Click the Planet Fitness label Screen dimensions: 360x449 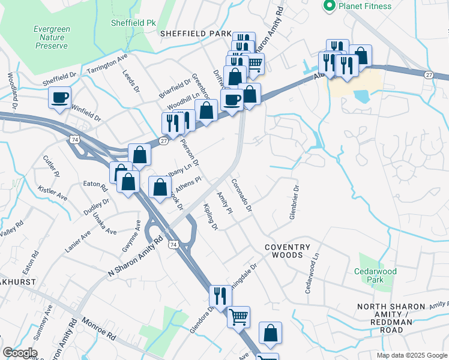tap(365, 7)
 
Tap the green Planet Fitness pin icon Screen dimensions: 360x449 tap(329, 6)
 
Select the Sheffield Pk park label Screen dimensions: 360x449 tap(133, 23)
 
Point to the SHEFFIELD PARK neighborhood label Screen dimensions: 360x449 tap(195, 34)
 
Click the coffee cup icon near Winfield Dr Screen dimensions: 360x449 tap(59, 98)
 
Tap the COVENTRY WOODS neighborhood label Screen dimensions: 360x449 tap(288, 251)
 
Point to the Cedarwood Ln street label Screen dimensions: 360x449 tap(312, 277)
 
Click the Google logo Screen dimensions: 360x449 tap(19, 353)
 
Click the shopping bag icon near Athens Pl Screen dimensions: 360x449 tap(160, 187)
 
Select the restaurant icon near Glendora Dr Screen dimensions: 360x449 tap(220, 295)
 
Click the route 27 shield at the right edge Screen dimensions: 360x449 tap(428, 74)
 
